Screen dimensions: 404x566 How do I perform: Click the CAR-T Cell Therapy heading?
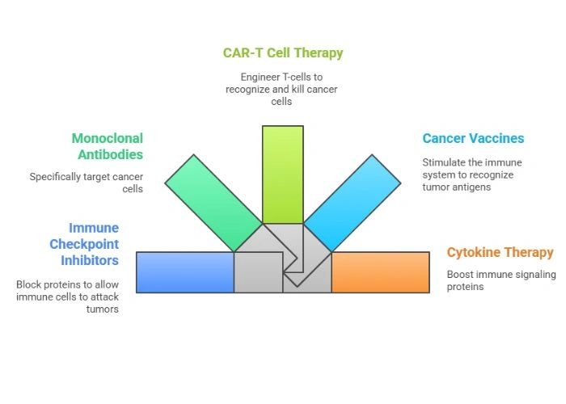(x=283, y=53)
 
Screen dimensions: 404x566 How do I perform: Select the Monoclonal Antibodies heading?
(x=107, y=146)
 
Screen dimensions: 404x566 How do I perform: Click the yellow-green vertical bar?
(x=283, y=174)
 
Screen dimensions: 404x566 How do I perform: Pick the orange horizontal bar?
(x=380, y=272)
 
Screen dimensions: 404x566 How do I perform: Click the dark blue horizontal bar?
(x=185, y=272)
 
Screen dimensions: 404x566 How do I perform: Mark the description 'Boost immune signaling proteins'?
(x=501, y=280)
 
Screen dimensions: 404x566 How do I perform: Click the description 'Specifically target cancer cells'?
(x=87, y=183)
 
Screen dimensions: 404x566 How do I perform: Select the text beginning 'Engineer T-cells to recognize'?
(x=283, y=90)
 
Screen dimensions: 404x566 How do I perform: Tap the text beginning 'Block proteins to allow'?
(x=67, y=297)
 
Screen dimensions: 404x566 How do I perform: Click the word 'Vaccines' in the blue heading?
(x=495, y=139)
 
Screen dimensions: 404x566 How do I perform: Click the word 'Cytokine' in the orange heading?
(x=473, y=253)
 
